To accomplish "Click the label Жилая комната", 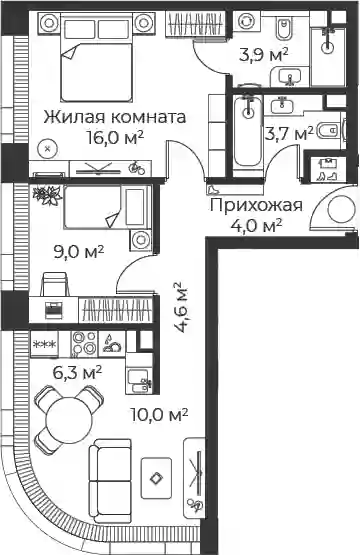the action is pos(115,117).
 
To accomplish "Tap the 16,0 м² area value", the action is pos(115,137).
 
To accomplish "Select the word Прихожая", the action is pos(256,205).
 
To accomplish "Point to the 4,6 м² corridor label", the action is pos(182,307).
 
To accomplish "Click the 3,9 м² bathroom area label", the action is pos(264,55).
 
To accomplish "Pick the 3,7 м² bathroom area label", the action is pos(289,134).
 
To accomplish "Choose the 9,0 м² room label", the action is pos(78,252).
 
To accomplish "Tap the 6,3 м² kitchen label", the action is pos(77,372).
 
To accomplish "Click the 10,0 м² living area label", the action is pos(159,414).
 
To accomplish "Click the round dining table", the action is pos(69,419).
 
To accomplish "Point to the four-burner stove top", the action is pos(84,344).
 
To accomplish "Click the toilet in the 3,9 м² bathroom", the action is pos(284,29).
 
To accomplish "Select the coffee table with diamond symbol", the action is pos(156,479).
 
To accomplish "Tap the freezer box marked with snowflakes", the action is pos(44,344).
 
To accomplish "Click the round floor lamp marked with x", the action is pos(48,149).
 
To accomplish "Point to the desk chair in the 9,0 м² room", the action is pos(54,284).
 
